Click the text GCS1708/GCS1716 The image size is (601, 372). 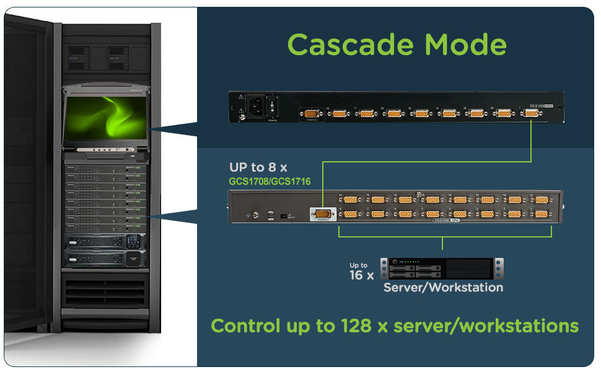pyautogui.click(x=270, y=182)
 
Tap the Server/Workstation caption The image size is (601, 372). pyautogui.click(x=443, y=288)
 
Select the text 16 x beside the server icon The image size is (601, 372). pyautogui.click(x=362, y=275)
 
